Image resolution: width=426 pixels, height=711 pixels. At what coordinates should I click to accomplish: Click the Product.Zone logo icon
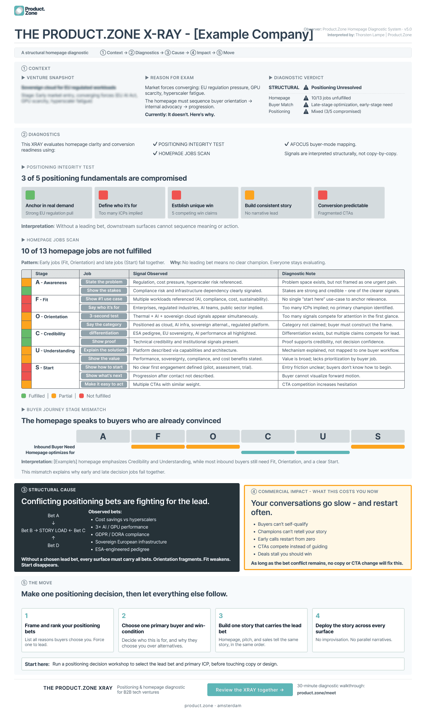[19, 11]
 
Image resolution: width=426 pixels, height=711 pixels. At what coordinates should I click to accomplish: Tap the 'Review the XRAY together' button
[250, 690]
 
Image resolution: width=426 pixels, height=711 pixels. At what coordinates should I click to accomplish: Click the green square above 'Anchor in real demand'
[30, 195]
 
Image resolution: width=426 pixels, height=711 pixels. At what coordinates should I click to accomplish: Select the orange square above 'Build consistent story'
[250, 195]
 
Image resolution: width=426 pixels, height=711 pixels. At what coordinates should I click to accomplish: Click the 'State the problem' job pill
[104, 282]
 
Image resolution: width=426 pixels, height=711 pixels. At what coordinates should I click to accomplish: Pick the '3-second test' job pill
[104, 316]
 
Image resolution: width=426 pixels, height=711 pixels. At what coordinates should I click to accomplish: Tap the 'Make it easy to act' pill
[104, 384]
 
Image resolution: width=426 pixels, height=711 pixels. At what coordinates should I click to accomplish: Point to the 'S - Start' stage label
[45, 368]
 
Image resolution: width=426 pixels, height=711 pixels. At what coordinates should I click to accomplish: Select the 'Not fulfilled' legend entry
[98, 396]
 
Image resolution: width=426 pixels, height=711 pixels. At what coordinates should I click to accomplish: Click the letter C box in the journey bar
[268, 436]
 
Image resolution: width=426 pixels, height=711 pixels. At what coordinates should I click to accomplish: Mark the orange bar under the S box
[378, 447]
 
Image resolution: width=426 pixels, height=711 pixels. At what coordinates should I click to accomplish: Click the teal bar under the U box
[323, 452]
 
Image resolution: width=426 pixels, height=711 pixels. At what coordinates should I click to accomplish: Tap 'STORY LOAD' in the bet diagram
[53, 530]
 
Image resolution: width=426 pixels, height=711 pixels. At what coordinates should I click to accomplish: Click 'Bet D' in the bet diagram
[53, 545]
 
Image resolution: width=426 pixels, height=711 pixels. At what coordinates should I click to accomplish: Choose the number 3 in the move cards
[221, 616]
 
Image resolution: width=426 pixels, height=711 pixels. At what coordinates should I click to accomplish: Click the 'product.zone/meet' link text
[316, 693]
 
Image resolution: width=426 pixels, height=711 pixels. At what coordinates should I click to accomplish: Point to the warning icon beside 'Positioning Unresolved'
[306, 87]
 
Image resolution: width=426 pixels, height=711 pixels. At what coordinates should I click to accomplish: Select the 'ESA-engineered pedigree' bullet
[122, 549]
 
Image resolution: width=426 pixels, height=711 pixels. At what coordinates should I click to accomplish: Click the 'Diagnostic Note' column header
[299, 274]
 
